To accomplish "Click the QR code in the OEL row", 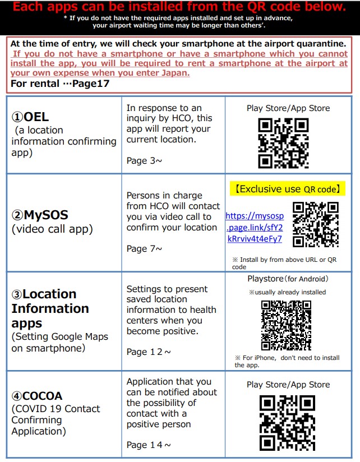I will [x=283, y=143].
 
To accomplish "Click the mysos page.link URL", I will [x=255, y=227].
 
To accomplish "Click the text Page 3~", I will [x=144, y=161].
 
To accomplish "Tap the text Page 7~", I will [x=144, y=248].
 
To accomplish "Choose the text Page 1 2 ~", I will [x=149, y=352].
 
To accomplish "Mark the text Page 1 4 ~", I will [x=149, y=445].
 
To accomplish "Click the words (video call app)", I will [x=52, y=229].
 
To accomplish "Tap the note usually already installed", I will [x=287, y=292].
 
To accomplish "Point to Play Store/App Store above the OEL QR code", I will [x=288, y=108].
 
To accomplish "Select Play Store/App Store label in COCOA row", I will [x=288, y=385].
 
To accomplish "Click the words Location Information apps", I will [x=50, y=308].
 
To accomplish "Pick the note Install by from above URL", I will [x=284, y=263].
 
